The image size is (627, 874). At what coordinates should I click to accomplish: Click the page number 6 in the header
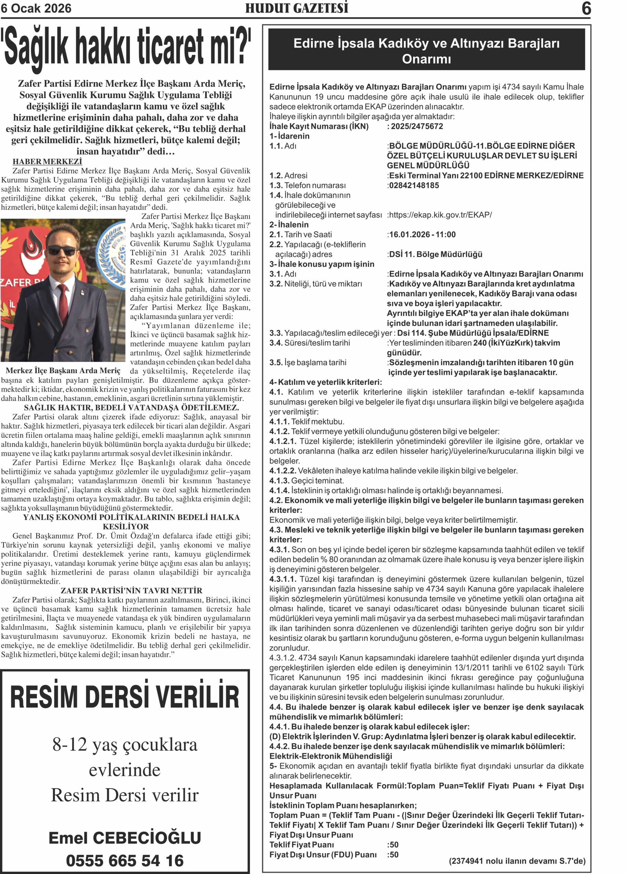(x=585, y=9)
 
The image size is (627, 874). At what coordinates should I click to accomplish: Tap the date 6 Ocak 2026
(x=36, y=9)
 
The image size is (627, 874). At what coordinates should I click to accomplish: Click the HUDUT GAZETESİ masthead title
(x=297, y=8)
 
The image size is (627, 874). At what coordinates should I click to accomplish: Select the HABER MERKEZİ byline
(x=47, y=161)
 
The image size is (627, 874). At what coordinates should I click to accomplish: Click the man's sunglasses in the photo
(x=62, y=251)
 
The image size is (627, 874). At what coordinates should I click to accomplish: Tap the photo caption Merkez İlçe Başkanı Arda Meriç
(x=63, y=371)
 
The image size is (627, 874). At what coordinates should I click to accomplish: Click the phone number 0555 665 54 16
(x=125, y=860)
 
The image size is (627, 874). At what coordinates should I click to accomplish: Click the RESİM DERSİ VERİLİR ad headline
(x=125, y=696)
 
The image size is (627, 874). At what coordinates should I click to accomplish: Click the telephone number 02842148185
(x=414, y=185)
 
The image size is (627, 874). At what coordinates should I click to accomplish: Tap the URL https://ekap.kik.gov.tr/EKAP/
(x=440, y=215)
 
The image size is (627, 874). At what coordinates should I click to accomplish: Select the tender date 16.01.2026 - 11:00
(x=422, y=235)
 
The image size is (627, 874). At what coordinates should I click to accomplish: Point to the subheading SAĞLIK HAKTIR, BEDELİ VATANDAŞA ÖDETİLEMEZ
(x=131, y=407)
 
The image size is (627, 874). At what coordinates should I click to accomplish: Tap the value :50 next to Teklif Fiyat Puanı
(x=393, y=845)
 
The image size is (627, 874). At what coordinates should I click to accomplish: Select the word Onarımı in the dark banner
(x=426, y=59)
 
